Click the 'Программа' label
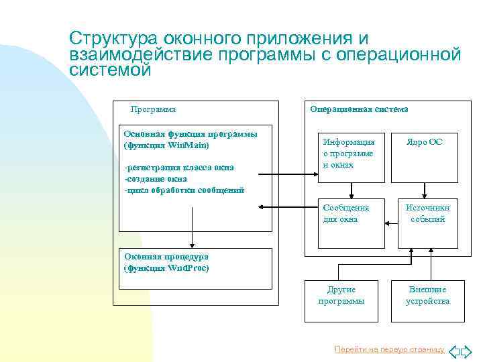(x=153, y=109)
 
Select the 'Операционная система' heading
(x=359, y=109)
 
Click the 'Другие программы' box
(x=341, y=295)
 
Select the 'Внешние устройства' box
(x=427, y=295)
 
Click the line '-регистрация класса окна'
(x=178, y=169)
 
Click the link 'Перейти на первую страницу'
(x=389, y=349)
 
